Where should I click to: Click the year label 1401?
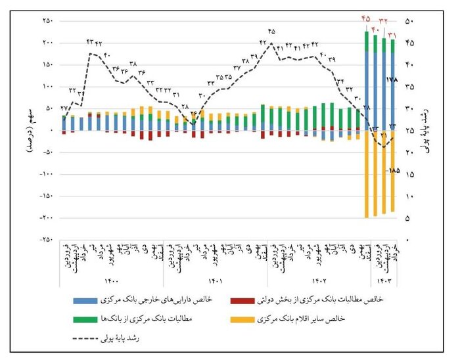217,282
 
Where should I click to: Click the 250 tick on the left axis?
48,21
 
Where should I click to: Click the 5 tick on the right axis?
410,217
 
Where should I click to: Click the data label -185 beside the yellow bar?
394,170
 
